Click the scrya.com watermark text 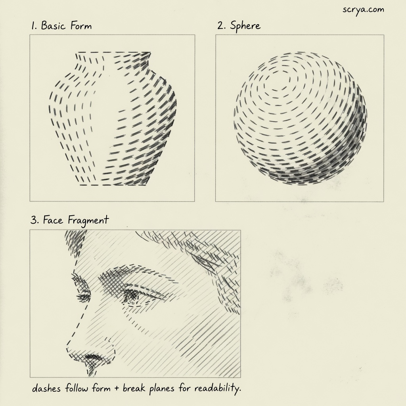[363, 10]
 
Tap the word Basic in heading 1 [53, 26]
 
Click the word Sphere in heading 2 [245, 26]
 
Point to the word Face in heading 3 [53, 220]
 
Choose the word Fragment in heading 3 [88, 221]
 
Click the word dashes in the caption [46, 388]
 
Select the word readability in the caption [218, 389]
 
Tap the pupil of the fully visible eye [132, 295]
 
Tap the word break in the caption [134, 388]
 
